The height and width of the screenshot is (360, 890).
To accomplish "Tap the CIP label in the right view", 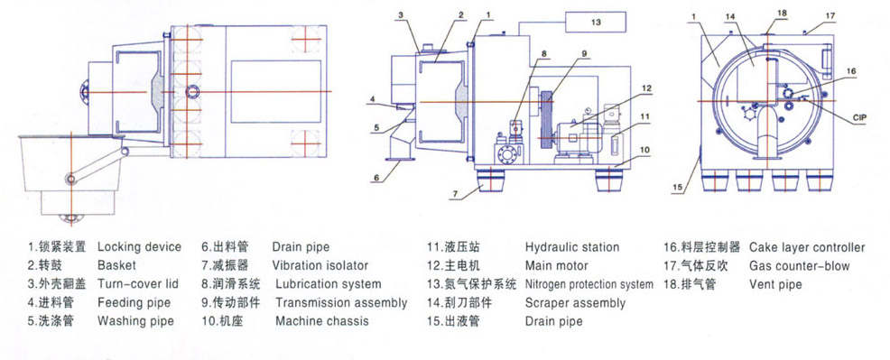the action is [x=859, y=118].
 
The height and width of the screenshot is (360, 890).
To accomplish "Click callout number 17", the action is [x=830, y=16].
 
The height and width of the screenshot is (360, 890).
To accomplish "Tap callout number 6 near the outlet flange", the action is [x=375, y=178].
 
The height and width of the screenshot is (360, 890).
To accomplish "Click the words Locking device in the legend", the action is [x=139, y=246].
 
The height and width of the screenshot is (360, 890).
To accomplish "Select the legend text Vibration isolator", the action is [x=320, y=265].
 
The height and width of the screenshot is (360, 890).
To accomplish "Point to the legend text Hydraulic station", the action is [x=572, y=247].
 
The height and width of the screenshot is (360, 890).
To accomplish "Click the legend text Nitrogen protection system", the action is [x=589, y=284].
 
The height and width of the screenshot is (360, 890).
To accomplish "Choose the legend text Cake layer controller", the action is [x=807, y=247].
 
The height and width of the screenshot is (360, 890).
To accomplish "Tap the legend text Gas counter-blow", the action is [x=799, y=266].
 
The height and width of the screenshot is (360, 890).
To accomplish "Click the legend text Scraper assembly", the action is [x=575, y=303].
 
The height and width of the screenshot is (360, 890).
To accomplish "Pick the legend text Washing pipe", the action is [x=135, y=321].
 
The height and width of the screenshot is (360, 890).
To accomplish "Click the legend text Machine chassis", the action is [x=322, y=321].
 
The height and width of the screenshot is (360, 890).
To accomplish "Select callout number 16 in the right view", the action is [x=849, y=71].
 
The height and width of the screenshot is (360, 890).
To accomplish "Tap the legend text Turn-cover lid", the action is [x=138, y=284].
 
